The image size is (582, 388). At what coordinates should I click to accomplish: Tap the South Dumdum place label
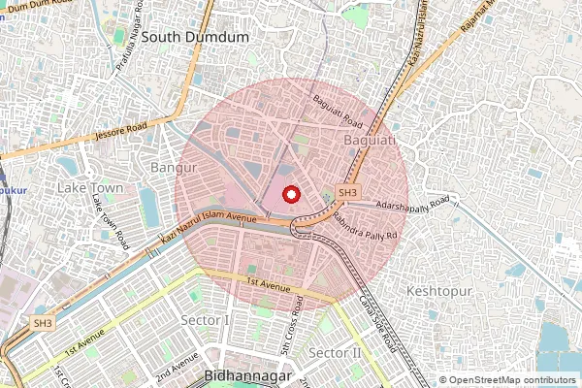coord(195,37)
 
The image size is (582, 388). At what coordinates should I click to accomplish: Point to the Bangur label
coord(167,168)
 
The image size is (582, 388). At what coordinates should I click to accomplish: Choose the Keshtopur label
coord(438,290)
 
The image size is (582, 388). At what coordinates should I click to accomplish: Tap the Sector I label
coord(206,320)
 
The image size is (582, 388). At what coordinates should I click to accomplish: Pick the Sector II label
coord(334,352)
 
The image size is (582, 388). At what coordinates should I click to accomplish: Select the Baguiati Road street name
coord(337,113)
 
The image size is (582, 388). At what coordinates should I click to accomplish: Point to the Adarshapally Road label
coord(414,205)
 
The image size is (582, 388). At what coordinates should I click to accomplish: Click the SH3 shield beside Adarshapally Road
coord(348,193)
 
